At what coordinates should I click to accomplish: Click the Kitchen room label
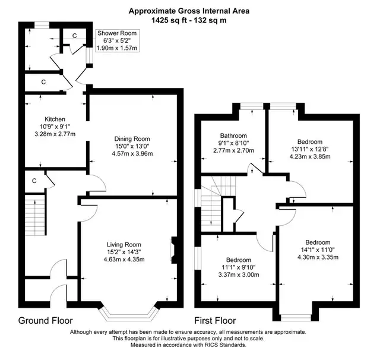55,119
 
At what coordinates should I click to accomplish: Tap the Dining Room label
132,139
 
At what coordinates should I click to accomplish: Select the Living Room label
124,245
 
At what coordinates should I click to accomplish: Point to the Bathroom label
233,136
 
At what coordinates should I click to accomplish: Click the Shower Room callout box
117,40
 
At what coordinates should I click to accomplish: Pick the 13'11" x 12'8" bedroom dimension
310,149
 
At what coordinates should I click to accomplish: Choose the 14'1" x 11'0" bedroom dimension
318,250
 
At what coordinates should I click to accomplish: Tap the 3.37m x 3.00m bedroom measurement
239,274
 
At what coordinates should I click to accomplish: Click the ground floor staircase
35,214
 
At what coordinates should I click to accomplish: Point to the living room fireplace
173,250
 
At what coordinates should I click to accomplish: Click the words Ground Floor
45,320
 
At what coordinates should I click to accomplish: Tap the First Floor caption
215,320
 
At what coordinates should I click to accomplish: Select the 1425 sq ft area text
169,20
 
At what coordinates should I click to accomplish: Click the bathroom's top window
251,106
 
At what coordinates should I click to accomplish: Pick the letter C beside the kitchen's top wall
43,82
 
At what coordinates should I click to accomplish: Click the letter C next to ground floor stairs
34,181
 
